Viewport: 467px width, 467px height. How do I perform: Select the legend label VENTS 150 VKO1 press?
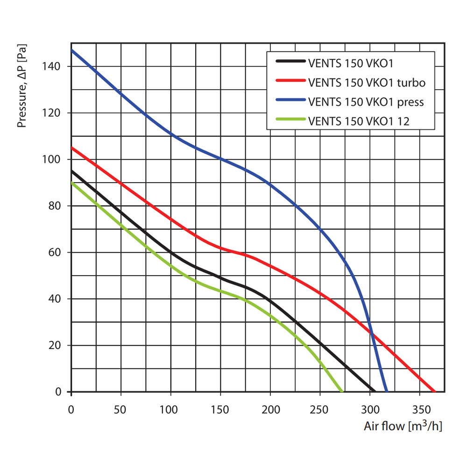[366, 101]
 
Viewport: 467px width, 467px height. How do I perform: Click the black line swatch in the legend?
[290, 61]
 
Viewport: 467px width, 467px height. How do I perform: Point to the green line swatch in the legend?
[290, 121]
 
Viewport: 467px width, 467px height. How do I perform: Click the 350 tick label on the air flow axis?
[420, 410]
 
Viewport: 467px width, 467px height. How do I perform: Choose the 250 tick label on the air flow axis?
[320, 410]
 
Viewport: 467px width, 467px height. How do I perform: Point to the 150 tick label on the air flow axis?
[220, 410]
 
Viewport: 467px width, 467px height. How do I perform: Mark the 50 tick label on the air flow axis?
[121, 410]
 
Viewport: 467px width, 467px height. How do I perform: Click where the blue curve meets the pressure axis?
[71, 50]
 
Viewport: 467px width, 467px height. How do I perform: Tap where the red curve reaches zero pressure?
[434, 391]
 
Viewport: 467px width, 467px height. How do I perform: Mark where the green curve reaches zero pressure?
[342, 391]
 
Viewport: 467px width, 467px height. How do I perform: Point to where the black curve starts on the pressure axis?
[71, 171]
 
